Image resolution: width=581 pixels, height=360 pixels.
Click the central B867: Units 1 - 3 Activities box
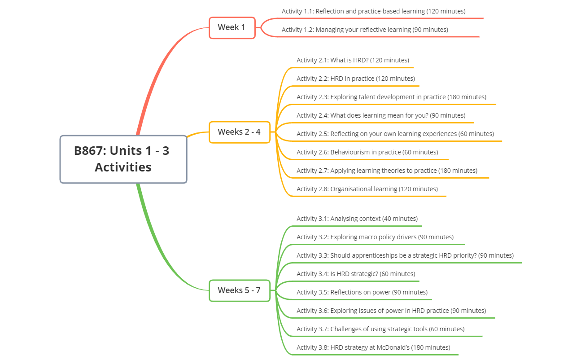coord(123,159)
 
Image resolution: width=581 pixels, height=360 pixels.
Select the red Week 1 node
coord(232,27)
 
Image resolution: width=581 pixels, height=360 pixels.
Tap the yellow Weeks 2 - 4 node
coord(240,132)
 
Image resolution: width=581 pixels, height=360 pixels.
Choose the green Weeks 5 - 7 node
coord(240,290)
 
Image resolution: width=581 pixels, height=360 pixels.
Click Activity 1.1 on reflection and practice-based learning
coord(373,11)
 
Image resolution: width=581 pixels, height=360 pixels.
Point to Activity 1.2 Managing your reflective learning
coord(365,30)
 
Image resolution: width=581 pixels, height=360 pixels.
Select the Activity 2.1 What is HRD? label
coord(353,60)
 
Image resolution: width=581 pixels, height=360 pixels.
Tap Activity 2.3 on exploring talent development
coord(391,97)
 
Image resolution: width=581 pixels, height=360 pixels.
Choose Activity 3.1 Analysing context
coord(357,219)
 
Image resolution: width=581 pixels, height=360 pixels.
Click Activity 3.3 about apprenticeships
coord(405,255)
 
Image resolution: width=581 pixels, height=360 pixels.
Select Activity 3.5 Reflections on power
coord(362,292)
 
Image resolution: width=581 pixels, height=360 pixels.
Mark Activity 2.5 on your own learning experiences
coord(395,134)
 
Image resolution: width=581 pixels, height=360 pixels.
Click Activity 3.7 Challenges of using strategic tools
coord(380,329)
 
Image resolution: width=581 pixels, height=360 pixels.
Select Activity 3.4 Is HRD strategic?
coord(356,274)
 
